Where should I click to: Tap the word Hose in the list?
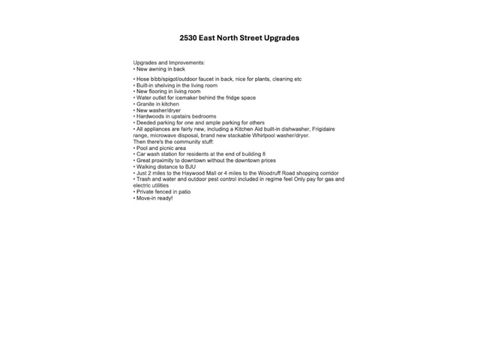(x=142, y=79)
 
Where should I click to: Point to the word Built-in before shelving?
(x=145, y=85)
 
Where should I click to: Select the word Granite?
(x=145, y=104)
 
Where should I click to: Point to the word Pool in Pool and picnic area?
(x=142, y=148)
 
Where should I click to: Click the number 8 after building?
(x=264, y=154)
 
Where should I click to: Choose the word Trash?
(x=143, y=179)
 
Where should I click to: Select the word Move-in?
(x=146, y=198)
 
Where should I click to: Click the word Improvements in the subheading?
(x=185, y=62)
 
